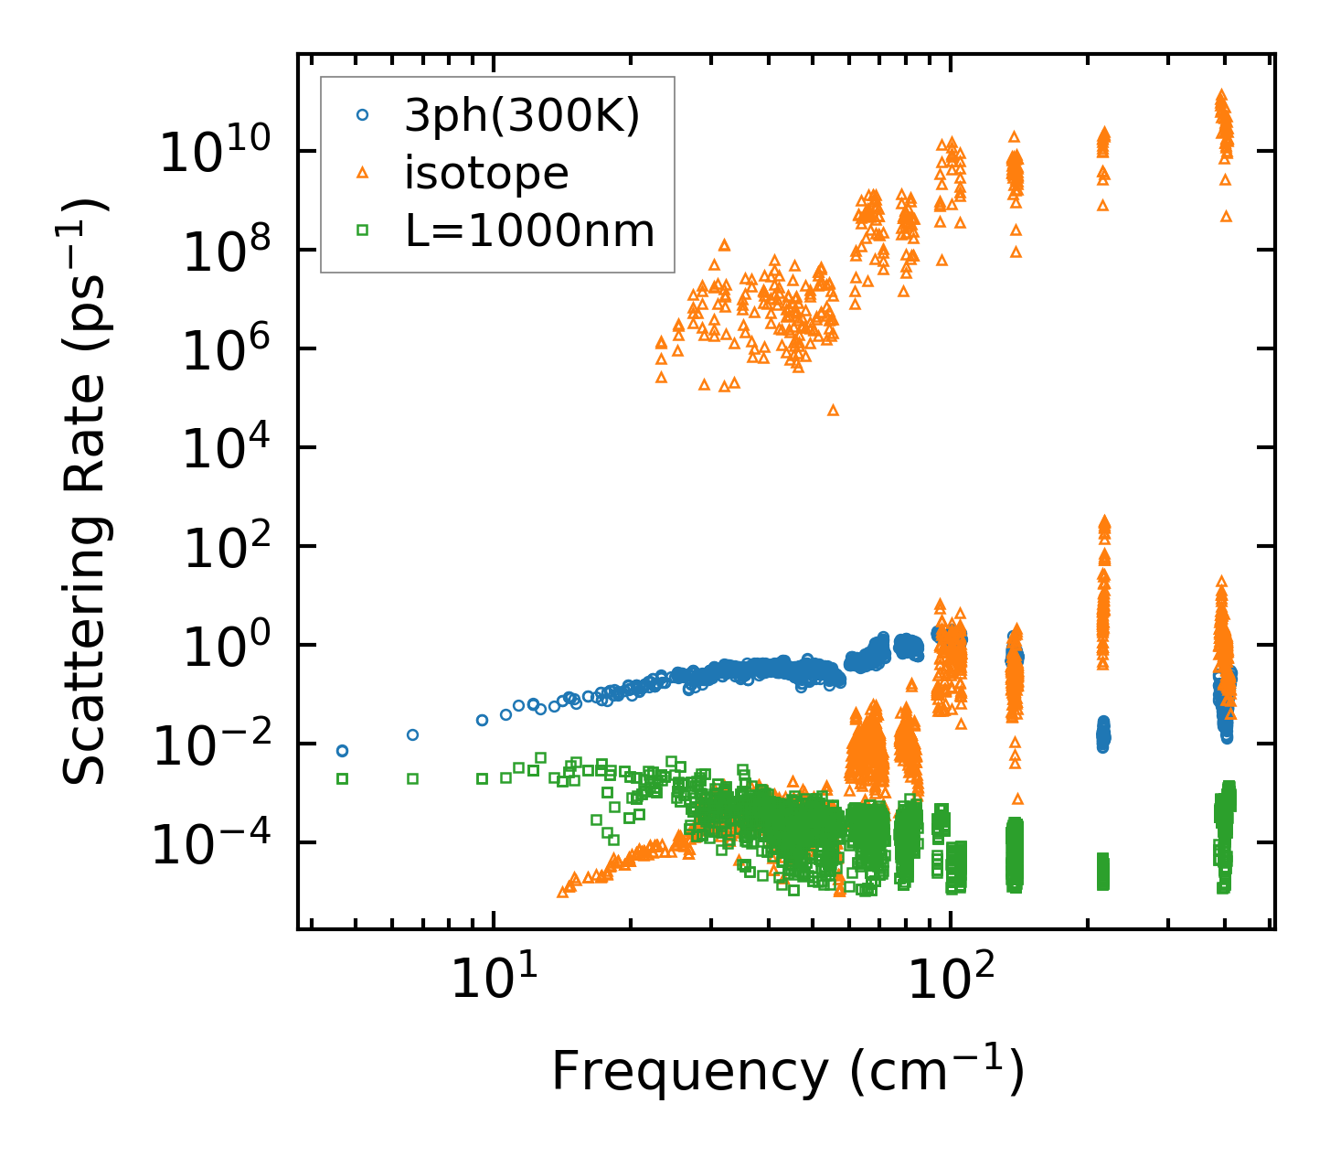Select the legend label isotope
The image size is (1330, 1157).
486,173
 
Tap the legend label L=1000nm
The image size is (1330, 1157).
530,230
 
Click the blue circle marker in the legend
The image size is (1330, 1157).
363,115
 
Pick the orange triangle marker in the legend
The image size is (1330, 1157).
363,173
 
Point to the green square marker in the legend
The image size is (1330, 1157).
363,230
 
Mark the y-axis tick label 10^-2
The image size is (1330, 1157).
209,745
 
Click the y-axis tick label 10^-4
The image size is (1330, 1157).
209,843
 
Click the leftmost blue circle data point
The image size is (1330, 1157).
342,751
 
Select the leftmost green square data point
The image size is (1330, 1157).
342,778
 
